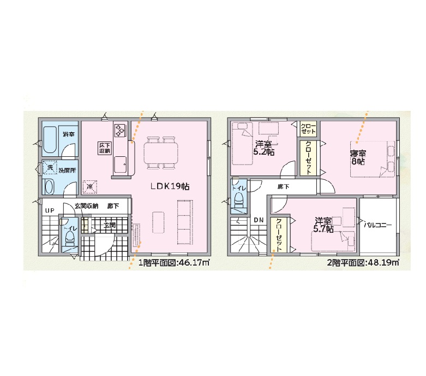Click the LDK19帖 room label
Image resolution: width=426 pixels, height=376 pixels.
click(170, 186)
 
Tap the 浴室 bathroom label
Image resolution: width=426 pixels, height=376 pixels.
click(69, 134)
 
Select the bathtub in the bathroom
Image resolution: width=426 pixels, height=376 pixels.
click(50, 140)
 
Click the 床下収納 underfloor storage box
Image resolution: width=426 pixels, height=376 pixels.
click(105, 148)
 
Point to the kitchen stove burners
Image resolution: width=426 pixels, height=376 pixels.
click(120, 130)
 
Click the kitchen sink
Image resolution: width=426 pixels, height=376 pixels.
click(120, 164)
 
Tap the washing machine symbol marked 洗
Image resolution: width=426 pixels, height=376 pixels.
click(50, 168)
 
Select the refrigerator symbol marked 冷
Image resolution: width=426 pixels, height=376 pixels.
click(89, 187)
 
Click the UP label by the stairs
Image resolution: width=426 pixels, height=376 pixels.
click(50, 210)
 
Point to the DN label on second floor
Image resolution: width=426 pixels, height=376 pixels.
click(259, 220)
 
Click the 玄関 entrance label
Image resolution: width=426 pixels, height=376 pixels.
click(110, 225)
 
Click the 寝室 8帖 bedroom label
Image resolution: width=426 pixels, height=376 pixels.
click(358, 157)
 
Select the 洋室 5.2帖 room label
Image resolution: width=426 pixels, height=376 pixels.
click(264, 148)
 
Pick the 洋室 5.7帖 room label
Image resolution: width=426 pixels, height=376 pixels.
click(323, 225)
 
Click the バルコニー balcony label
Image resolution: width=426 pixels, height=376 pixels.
click(378, 225)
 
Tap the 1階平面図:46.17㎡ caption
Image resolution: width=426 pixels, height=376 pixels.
click(173, 263)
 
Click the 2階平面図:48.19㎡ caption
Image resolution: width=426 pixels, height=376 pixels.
click(363, 263)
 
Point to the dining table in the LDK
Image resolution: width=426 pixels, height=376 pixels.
click(160, 153)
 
